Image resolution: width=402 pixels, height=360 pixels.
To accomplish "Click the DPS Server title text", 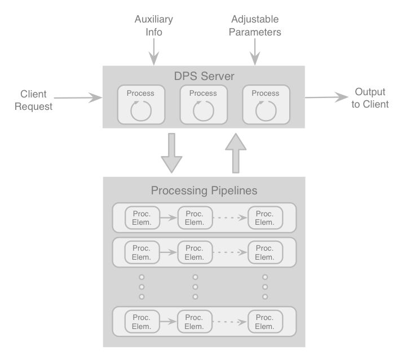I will pos(204,76).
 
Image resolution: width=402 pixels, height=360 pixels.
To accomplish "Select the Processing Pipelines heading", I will pos(204,190).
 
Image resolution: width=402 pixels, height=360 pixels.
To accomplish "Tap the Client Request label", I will pos(33,100).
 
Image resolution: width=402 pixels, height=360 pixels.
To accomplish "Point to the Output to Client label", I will pos(370,98).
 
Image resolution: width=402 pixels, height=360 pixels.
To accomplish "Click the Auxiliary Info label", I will pos(153,26).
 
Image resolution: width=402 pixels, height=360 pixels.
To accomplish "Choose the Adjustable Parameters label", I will pos(255,26).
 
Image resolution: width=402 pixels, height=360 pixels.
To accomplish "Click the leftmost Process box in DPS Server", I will pos(140,104).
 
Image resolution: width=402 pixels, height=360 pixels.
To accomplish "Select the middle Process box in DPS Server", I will pos(203,104).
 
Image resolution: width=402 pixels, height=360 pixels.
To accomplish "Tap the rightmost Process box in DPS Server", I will pos(266,104).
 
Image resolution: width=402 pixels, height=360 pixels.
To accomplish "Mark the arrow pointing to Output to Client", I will pos(326,97).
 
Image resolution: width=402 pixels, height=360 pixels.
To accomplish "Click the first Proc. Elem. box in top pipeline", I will pos(142,218).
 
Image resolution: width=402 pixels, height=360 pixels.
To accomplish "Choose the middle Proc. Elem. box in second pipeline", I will pos(195,252).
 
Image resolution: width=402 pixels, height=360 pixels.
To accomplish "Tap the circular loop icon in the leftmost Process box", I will pos(140,110).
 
